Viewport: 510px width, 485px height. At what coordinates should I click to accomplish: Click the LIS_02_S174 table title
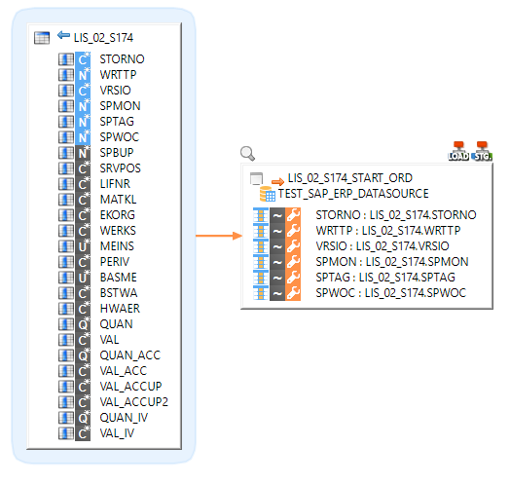point(103,37)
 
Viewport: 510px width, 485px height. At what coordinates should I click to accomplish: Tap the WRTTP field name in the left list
point(118,75)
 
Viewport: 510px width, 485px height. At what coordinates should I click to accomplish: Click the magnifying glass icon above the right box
point(247,153)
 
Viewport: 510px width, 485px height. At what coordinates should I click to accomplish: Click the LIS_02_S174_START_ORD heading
point(349,178)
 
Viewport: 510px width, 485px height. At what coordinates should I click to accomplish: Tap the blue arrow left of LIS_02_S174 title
point(63,36)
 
